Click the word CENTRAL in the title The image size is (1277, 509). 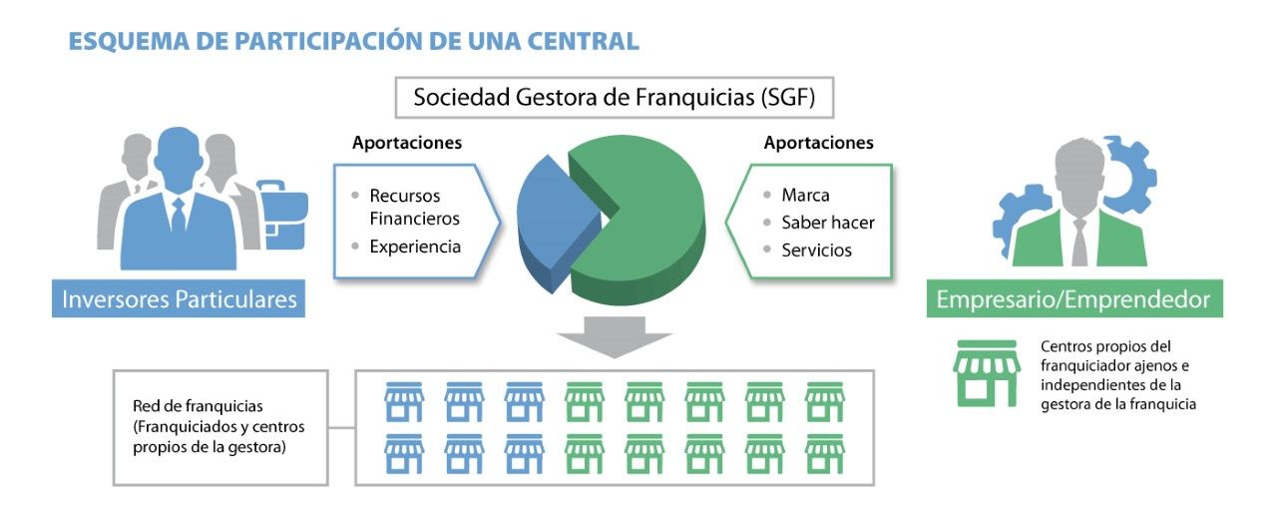pos(584,41)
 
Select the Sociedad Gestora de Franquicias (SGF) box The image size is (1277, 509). pos(614,98)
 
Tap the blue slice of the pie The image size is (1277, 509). pos(556,223)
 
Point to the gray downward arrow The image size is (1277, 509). pos(615,336)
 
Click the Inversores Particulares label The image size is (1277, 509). pos(179,298)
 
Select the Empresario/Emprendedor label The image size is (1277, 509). pos(1074,298)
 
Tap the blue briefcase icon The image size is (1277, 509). pos(282,215)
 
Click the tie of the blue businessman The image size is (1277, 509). pos(179,214)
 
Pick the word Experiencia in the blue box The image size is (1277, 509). pos(415,247)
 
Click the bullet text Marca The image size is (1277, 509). pos(805,196)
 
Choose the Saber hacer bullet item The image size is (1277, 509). pos(828,223)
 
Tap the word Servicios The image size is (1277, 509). pos(816,250)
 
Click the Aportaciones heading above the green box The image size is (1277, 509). pos(819,143)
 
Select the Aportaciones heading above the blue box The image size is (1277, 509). pos(407,143)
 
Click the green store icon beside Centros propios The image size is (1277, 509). pos(987,373)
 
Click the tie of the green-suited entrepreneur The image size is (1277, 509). pos(1079,243)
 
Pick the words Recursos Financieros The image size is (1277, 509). pos(414,208)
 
